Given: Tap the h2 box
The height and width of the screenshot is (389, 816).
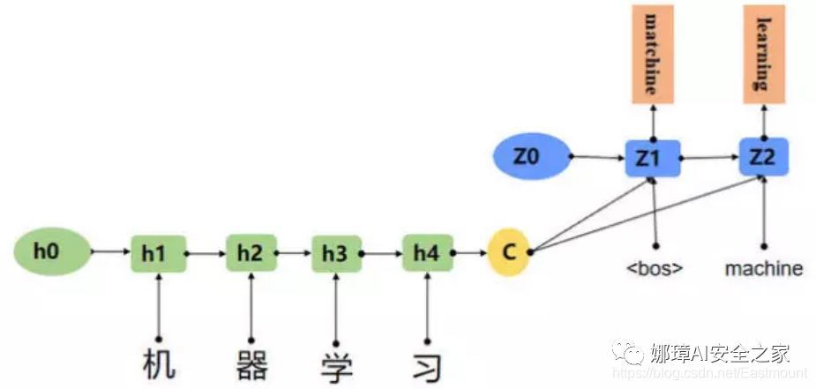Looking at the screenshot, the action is [x=251, y=253].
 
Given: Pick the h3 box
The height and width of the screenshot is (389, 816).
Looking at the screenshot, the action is [x=336, y=253].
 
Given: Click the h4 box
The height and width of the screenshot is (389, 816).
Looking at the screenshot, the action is [x=427, y=253].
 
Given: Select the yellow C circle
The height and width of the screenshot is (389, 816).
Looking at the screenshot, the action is [x=508, y=252].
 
